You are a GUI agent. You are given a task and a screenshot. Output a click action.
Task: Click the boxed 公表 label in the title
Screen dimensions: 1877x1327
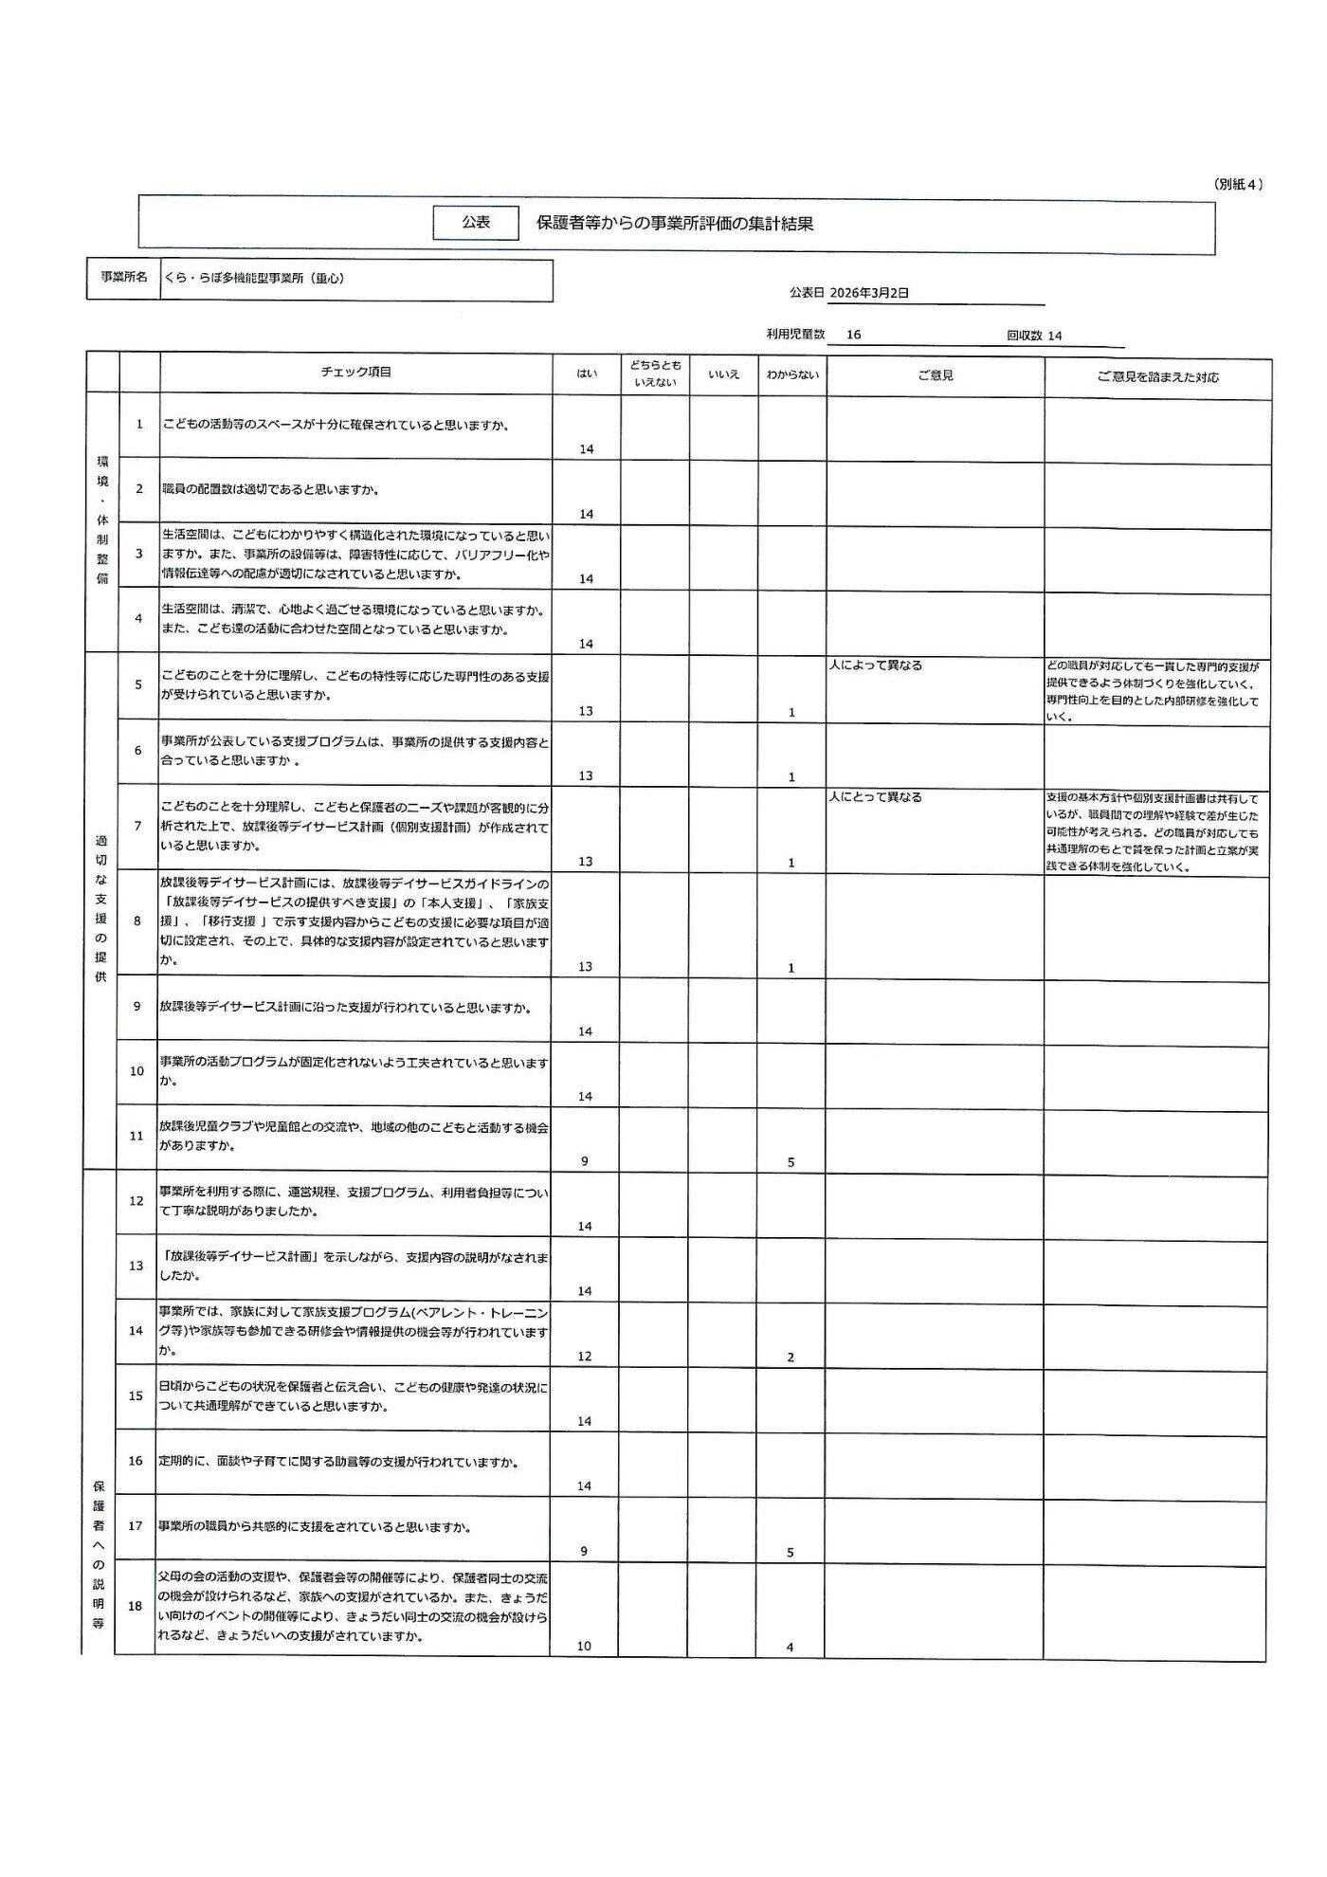tap(476, 222)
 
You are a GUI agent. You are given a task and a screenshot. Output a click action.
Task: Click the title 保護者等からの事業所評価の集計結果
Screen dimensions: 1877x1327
tap(675, 224)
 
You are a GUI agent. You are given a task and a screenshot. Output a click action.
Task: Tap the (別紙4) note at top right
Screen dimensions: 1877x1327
tap(1238, 185)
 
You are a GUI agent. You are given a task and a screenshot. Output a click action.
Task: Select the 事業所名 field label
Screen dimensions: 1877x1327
tap(124, 278)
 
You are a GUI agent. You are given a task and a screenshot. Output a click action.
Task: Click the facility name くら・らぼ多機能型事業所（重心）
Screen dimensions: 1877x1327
tap(254, 279)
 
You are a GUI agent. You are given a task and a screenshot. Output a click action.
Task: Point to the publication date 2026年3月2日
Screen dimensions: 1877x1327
tap(868, 293)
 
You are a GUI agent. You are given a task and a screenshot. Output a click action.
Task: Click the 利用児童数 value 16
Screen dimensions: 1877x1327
tap(853, 335)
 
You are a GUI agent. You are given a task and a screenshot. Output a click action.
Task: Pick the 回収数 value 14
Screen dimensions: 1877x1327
tap(1055, 336)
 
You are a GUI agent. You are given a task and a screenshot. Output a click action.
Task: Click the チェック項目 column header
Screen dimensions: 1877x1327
tap(355, 373)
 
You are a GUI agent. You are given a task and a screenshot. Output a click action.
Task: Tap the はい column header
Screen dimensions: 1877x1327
tap(587, 374)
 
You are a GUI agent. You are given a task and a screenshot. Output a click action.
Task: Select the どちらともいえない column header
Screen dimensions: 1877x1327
tap(655, 374)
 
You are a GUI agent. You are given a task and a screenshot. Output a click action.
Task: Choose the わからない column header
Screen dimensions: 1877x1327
tap(792, 374)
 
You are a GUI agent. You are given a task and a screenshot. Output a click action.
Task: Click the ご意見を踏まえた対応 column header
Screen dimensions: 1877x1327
tap(1157, 376)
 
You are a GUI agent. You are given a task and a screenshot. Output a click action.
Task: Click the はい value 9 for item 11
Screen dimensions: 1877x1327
tap(584, 1161)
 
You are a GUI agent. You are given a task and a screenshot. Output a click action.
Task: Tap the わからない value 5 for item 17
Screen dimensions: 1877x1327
tap(791, 1553)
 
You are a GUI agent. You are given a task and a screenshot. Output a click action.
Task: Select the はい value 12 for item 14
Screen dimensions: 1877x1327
tap(584, 1357)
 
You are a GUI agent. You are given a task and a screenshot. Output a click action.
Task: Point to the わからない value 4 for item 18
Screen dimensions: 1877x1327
tap(790, 1648)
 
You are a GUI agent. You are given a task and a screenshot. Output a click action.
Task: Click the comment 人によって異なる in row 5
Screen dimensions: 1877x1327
tap(875, 665)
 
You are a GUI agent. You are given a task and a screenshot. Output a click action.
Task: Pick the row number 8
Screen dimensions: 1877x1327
tap(137, 920)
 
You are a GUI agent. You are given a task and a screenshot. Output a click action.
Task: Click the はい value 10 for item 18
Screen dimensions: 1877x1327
tap(584, 1647)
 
